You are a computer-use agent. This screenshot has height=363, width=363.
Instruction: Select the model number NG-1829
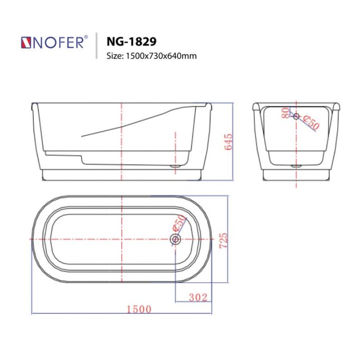pos(131,41)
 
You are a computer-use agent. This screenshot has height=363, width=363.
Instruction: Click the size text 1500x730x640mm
pos(151,56)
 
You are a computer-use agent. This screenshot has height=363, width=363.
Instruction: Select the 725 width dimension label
pos(222,240)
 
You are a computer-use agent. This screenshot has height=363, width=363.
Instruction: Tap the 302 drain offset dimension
pos(198,297)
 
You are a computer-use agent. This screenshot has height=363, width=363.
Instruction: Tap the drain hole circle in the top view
pos(175,239)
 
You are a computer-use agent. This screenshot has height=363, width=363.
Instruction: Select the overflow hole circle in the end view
pos(296,117)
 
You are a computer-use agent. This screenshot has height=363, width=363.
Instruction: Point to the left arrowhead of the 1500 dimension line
pos(33,314)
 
